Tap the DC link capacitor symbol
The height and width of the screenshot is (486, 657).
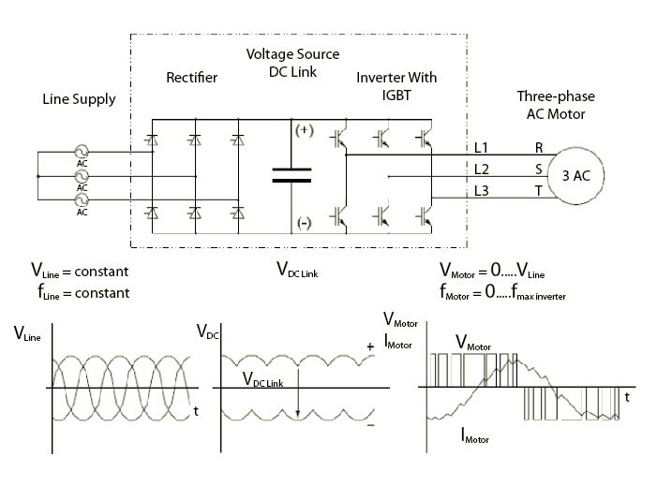tap(291, 175)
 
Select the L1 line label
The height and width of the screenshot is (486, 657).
tap(481, 147)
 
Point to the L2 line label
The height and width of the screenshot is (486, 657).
tap(482, 169)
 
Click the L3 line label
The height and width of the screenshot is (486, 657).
tap(482, 191)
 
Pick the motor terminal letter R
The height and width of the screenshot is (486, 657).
tap(539, 147)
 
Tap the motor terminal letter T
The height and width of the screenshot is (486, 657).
tap(538, 191)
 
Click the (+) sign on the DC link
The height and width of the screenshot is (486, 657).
tap(305, 130)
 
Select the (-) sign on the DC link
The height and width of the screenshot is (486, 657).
tap(305, 223)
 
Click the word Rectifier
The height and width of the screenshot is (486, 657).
tap(192, 78)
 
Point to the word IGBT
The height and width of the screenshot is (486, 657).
tap(396, 95)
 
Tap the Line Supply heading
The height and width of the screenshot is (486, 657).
tap(79, 99)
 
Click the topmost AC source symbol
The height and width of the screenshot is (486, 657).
tap(82, 152)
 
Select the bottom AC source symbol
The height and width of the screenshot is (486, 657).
tap(82, 200)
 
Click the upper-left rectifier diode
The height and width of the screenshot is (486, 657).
tap(152, 140)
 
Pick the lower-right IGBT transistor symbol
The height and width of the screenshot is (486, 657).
tap(424, 217)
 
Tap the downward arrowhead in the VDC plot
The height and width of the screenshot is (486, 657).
tap(297, 414)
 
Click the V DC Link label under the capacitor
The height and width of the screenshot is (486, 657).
tap(297, 270)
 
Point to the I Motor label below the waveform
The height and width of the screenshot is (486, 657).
tap(475, 435)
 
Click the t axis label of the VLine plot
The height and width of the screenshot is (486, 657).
tap(196, 411)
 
